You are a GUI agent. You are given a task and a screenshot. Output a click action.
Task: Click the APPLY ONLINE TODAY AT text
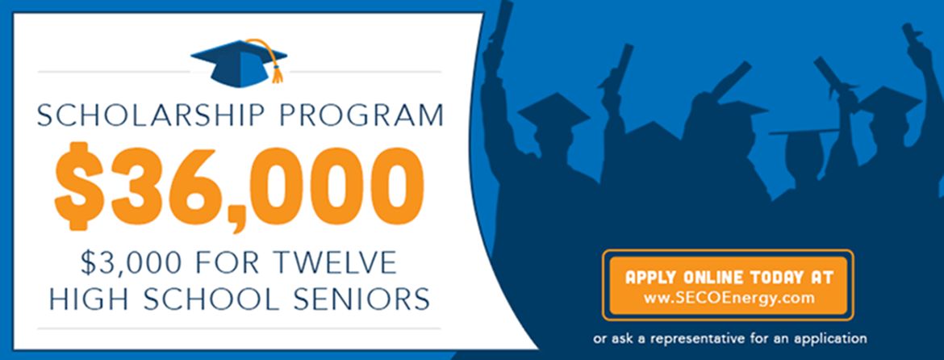729,278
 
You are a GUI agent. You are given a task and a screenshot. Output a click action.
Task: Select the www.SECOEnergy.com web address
729,297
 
